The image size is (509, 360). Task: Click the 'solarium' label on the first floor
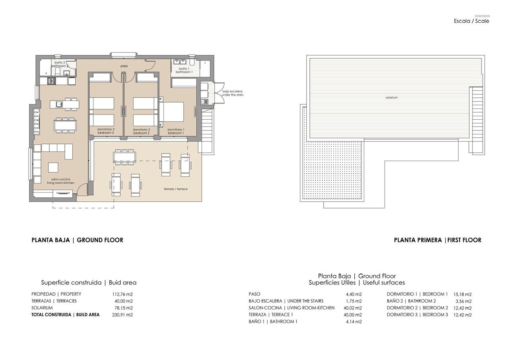point(391,97)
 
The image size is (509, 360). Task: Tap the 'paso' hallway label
point(124,66)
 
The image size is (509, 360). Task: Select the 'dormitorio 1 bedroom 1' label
point(175,131)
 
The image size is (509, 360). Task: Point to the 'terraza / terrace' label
point(175,189)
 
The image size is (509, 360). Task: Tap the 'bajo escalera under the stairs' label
point(233,93)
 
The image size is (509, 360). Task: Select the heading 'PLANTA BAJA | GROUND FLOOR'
point(77,240)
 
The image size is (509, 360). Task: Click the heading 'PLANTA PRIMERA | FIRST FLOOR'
point(437,240)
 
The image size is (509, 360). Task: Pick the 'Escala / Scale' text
point(472,21)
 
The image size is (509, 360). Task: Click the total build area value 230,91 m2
point(122,315)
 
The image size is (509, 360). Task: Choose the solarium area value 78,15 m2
point(123,308)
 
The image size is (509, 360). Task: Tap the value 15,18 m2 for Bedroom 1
point(462,294)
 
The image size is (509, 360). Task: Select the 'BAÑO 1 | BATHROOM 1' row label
point(273,321)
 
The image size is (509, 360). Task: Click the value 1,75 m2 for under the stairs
point(354,301)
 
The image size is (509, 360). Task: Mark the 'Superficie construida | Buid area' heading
point(89,283)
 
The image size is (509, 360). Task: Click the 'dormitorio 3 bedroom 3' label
point(105,131)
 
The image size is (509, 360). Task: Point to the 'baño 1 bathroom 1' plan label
point(184,70)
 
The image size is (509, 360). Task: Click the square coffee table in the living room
point(54,167)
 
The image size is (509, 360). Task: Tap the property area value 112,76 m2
point(122,294)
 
